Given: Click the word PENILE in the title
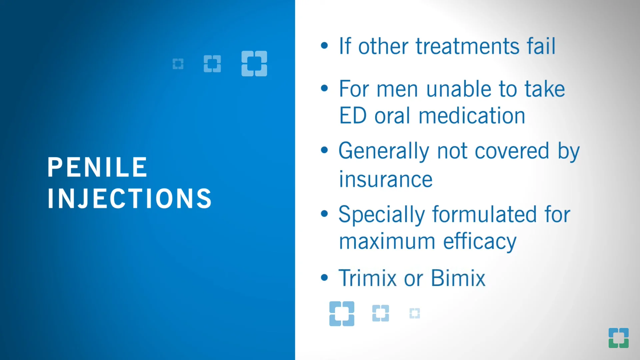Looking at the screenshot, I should [97, 167].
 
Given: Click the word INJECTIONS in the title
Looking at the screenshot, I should [129, 199].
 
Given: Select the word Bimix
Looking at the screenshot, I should [458, 278].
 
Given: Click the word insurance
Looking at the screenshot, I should [386, 180].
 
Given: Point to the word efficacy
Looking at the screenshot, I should [480, 242].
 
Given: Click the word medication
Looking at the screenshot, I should [472, 116].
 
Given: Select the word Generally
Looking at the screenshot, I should [383, 151].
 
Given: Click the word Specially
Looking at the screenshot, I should [381, 215].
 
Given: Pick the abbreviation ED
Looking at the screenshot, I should [353, 116].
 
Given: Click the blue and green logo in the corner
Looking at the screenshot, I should [618, 338].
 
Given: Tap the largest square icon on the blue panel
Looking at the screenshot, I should [254, 64].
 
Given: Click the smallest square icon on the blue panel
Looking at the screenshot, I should [178, 64].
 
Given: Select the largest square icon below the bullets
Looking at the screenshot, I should [342, 314].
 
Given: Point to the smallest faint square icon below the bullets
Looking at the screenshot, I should [415, 313].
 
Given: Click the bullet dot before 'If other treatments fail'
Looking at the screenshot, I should [324, 46].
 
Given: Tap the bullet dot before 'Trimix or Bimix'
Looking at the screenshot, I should [324, 277].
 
